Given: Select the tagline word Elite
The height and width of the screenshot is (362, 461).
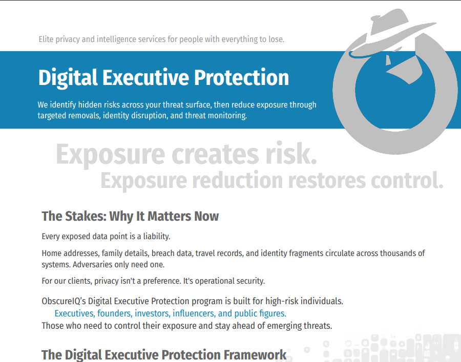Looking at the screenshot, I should [47, 39].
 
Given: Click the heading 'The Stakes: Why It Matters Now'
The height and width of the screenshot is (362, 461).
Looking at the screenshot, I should [130, 216].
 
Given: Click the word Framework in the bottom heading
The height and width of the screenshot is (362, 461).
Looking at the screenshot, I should [254, 354].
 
